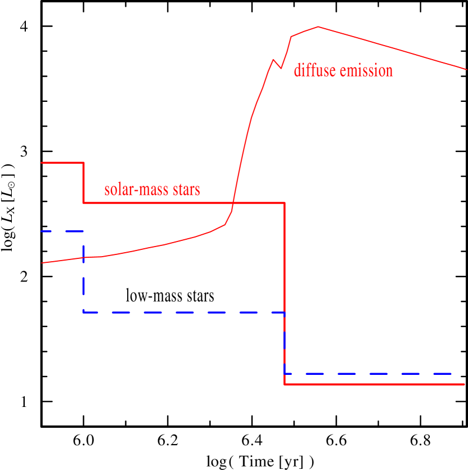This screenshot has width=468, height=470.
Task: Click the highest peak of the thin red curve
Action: pyautogui.click(x=318, y=26)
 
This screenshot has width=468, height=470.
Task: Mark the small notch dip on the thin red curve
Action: pyautogui.click(x=281, y=69)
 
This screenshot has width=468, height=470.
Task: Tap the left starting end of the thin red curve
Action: pyautogui.click(x=42, y=263)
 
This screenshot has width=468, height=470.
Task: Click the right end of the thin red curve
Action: pyautogui.click(x=466, y=69)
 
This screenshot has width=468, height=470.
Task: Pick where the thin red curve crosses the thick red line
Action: pyautogui.click(x=233, y=203)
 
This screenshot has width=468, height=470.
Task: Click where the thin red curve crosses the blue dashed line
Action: pyautogui.click(x=84, y=258)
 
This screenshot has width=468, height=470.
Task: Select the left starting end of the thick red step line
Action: pyautogui.click(x=42, y=163)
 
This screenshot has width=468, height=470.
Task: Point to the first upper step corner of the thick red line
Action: pyautogui.click(x=84, y=163)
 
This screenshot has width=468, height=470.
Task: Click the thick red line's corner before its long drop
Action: pyautogui.click(x=285, y=203)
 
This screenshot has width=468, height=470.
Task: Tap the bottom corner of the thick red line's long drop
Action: pyautogui.click(x=285, y=384)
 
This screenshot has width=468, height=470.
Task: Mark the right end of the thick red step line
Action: pyautogui.click(x=465, y=384)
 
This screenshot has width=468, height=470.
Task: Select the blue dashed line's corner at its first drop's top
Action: pyautogui.click(x=84, y=231)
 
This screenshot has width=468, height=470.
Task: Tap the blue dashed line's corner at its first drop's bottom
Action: pyautogui.click(x=84, y=312)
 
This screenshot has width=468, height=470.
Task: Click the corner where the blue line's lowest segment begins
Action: pyautogui.click(x=285, y=373)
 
